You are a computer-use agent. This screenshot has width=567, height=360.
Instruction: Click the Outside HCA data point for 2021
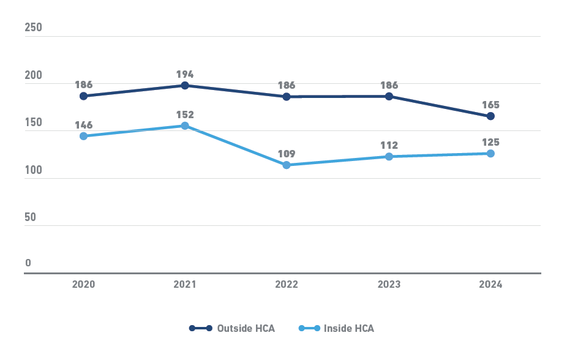point(185,85)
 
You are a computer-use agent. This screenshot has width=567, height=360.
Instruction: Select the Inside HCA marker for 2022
point(287,165)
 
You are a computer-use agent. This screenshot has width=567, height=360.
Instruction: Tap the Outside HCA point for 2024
point(490,116)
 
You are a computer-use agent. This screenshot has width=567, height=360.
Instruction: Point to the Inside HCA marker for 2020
point(83,136)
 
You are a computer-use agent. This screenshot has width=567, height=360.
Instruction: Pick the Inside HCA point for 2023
point(389,157)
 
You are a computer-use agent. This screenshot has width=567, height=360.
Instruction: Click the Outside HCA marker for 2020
point(83,96)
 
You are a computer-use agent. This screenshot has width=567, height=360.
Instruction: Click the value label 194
point(185,74)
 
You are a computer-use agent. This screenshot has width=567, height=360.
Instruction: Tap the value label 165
point(490,105)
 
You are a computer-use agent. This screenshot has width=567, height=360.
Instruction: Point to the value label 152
point(185,114)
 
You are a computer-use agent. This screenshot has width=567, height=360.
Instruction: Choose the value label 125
point(490,142)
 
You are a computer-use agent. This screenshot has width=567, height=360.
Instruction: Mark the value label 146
point(83,125)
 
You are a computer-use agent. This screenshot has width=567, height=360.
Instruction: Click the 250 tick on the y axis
point(33,28)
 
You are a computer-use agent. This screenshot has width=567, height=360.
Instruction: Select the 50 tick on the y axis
point(31,217)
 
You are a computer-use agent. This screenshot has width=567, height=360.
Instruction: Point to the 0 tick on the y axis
point(28,263)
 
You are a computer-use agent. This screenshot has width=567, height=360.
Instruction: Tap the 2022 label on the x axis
point(287,285)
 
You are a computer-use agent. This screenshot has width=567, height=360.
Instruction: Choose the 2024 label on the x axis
point(490,285)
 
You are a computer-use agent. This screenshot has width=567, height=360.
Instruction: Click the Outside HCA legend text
point(246,328)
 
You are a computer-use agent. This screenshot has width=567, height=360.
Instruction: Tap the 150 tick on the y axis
point(33,122)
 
